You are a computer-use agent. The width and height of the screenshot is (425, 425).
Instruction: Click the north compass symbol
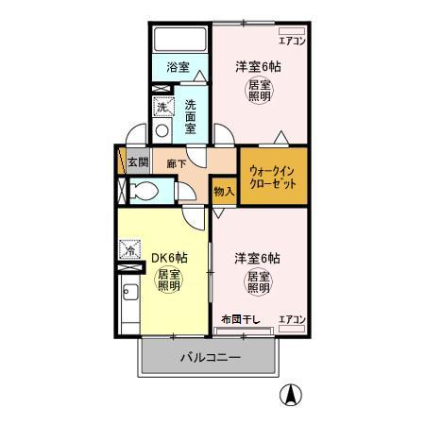[x=293, y=397]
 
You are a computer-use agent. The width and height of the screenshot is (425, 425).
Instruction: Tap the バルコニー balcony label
[x=209, y=359]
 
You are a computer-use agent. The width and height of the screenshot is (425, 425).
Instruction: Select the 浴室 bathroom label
[x=178, y=67]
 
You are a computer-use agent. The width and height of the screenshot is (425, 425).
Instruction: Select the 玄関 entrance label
[x=137, y=162]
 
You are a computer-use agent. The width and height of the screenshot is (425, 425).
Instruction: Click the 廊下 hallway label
[x=176, y=162]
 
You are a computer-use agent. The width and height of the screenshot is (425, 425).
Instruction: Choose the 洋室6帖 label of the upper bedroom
[x=259, y=66]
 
